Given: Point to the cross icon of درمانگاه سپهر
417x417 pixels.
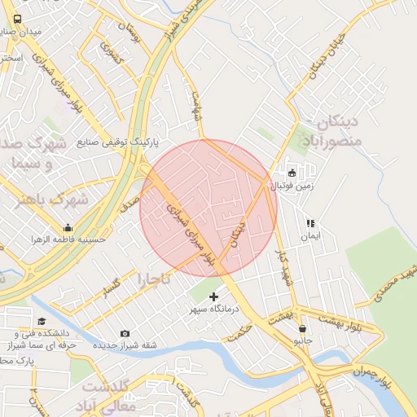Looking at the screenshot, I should tap(213, 297).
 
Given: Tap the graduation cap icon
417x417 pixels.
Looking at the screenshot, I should tap(41, 321).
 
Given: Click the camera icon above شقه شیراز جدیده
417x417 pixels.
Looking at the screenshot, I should tap(125, 333).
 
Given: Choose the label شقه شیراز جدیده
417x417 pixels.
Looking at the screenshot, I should tap(125, 345).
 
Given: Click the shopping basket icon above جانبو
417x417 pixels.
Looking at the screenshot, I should tap(303, 329).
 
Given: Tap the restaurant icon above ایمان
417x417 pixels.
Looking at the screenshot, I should tap(309, 223).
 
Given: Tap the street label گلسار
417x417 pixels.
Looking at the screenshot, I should tap(111, 287).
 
